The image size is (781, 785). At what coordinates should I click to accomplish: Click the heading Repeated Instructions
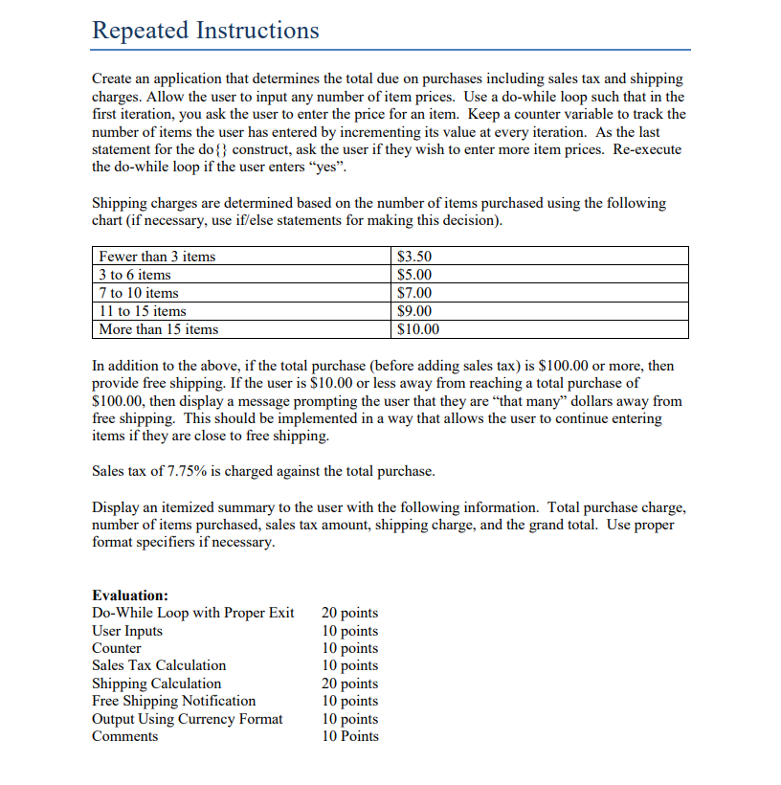(205, 31)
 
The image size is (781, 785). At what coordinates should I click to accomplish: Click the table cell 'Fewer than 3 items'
(158, 257)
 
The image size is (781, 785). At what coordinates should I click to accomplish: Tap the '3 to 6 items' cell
(136, 275)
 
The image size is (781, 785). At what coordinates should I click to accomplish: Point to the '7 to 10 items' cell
(140, 293)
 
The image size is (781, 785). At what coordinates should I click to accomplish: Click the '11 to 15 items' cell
(144, 311)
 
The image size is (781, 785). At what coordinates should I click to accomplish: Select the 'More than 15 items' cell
(159, 329)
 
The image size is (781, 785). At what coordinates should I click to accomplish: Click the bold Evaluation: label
(130, 594)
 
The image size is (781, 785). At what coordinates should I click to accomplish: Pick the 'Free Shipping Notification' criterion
(174, 701)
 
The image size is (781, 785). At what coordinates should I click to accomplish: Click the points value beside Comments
(350, 736)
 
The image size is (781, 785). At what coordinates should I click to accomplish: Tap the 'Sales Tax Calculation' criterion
(159, 665)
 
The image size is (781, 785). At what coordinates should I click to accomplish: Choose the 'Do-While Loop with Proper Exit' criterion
(193, 613)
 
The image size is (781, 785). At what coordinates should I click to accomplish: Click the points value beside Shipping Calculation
(350, 684)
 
